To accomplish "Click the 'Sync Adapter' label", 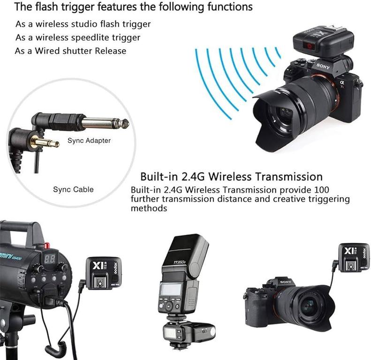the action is click(89, 141).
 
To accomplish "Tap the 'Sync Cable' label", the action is click(73, 189).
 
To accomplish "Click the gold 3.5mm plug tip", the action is click(45, 142).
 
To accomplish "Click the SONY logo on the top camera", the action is click(323, 66).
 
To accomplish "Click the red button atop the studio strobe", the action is click(47, 245).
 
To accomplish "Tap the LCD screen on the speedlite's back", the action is click(171, 290).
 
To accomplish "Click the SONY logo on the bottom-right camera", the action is click(286, 282).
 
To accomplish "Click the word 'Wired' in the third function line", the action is click(47, 51).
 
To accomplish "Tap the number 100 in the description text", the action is click(322, 190).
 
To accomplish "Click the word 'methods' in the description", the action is click(149, 209).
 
